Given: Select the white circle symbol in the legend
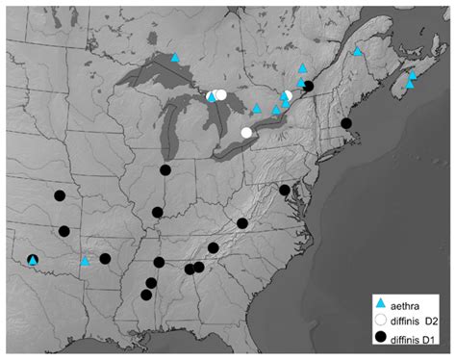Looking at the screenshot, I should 382,320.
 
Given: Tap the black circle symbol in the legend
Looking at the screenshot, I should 382,337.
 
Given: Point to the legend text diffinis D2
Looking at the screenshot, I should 417,320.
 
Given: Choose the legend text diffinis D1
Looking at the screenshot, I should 417,338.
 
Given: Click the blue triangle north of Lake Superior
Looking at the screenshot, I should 175,58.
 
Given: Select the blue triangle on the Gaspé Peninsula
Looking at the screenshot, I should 358,52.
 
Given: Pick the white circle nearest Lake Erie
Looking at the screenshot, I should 246,133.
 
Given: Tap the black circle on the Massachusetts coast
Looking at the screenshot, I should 346,123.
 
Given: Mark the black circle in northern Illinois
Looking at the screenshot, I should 165,170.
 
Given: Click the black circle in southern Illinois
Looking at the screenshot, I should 158,212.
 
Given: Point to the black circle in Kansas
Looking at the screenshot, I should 60,196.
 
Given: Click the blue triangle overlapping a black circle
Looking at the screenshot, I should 33,260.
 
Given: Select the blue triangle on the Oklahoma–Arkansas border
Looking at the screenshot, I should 85,260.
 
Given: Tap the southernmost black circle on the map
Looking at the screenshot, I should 145,296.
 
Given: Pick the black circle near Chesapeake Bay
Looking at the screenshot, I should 285,190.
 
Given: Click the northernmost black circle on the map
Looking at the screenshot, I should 309,86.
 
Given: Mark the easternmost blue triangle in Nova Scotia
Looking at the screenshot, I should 414,75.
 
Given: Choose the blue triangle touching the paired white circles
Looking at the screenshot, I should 211,95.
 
